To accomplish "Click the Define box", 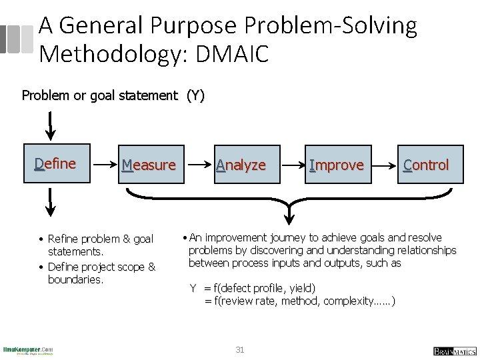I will tap(55, 163).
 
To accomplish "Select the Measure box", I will tap(148, 165).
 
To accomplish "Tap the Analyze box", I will tap(241, 165).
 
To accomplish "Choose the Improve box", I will tap(337, 165).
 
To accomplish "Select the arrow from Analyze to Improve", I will tap(291, 163).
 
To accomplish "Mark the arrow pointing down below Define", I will tap(49, 200).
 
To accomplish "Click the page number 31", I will tap(240, 349).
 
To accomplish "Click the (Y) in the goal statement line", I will tap(195, 95).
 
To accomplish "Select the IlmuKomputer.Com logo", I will tap(28, 350).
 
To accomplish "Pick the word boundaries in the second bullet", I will tap(75, 280).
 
